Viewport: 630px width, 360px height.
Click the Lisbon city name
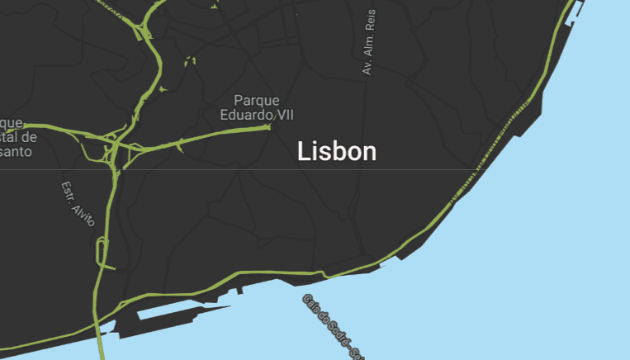[337, 152]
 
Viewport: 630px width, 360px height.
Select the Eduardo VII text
[257, 115]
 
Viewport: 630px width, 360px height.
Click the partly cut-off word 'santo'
[17, 151]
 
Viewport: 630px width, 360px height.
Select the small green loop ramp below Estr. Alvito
[102, 250]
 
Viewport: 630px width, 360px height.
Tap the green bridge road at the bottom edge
[101, 347]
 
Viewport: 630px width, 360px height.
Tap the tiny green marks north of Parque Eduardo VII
[191, 60]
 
